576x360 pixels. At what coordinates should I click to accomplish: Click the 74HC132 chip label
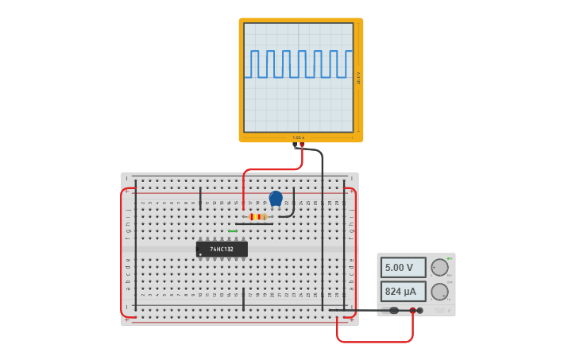click(x=222, y=250)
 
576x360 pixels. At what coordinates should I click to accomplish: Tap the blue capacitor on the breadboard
click(x=276, y=198)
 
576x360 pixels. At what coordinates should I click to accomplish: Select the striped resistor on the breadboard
click(x=257, y=216)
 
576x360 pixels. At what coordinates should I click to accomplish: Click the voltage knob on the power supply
click(x=439, y=267)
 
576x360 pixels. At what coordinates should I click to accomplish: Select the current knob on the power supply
click(x=439, y=292)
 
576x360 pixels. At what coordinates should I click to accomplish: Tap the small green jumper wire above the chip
click(x=233, y=231)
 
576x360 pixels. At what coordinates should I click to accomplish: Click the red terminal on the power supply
click(x=412, y=311)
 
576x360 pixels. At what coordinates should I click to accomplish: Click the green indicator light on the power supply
click(x=450, y=258)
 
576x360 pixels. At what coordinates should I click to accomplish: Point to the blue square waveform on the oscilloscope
click(x=298, y=64)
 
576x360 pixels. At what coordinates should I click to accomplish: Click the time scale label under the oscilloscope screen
click(x=298, y=137)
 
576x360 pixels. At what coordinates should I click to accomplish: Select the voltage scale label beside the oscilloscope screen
click(x=358, y=77)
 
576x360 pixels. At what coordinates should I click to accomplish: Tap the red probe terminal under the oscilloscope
click(x=302, y=145)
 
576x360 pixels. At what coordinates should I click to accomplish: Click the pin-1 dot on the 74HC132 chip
click(x=200, y=254)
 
